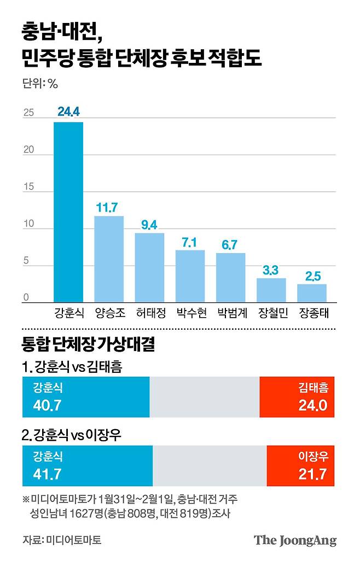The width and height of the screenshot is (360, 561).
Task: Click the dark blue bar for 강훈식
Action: (x=68, y=212)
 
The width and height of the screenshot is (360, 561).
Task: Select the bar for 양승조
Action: (x=109, y=259)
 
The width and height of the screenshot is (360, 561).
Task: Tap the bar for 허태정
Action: (x=149, y=268)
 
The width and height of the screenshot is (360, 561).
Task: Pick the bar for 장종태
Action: (x=312, y=293)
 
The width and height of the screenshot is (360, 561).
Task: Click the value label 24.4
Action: (x=68, y=112)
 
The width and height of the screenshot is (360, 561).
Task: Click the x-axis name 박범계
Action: (x=231, y=314)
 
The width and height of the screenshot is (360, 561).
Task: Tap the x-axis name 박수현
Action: (x=190, y=314)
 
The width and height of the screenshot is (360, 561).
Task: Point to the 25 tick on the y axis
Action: (x=28, y=114)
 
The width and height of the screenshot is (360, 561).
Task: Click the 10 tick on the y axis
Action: (x=28, y=225)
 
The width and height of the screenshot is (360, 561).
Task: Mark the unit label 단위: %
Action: (x=40, y=84)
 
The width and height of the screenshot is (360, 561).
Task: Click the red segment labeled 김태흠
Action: (x=297, y=398)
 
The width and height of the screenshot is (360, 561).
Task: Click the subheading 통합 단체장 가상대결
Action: (x=88, y=346)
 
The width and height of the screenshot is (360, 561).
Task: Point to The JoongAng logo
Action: (x=295, y=540)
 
